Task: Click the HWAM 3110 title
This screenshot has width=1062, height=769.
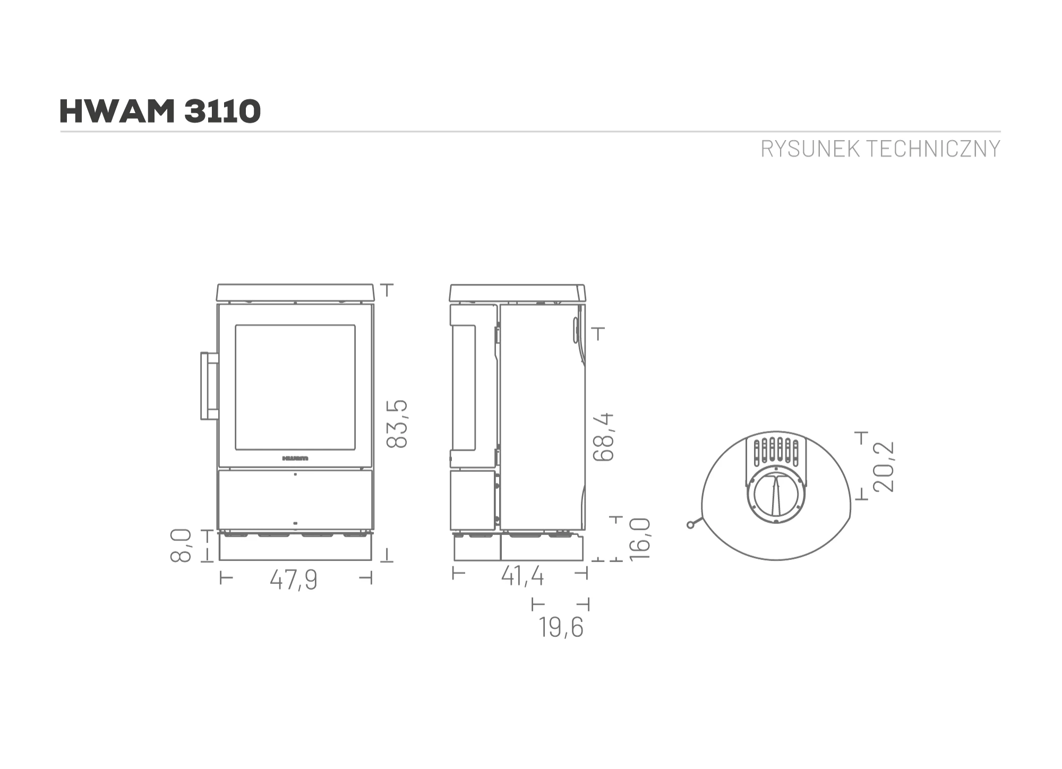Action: (x=160, y=111)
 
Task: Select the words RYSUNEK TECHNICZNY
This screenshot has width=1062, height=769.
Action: (x=880, y=149)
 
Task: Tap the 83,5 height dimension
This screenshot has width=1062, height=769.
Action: (x=397, y=424)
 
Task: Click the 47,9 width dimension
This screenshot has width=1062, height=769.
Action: (x=294, y=579)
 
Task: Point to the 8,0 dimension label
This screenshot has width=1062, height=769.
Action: (x=181, y=546)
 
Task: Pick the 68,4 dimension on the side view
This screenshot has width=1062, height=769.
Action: (x=603, y=437)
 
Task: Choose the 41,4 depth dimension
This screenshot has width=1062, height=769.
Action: (x=523, y=576)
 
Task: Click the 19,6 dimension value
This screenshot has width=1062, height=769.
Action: (x=561, y=627)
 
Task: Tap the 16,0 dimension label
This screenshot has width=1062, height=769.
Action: (x=639, y=539)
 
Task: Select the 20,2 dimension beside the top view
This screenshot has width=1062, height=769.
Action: (x=884, y=466)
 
